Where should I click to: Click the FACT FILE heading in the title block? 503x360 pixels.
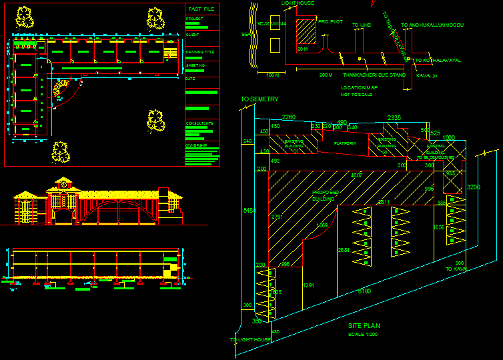click(x=201, y=9)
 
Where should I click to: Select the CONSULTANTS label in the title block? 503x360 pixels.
click(x=199, y=123)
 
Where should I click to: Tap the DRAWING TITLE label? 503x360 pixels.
click(x=200, y=51)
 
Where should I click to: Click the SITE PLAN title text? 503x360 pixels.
click(x=364, y=326)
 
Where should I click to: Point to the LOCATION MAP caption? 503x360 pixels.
click(x=359, y=88)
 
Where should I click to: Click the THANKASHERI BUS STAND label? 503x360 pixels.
click(x=374, y=75)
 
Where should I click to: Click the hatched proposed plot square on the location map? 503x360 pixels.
click(x=305, y=31)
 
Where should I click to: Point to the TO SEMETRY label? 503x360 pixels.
click(x=260, y=99)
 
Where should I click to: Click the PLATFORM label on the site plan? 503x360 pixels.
click(x=345, y=143)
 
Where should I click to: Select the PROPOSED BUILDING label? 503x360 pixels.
click(x=325, y=195)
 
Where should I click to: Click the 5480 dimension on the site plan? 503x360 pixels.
click(x=249, y=211)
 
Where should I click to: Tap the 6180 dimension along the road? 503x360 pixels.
click(x=364, y=291)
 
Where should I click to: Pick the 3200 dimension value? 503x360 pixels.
click(x=473, y=187)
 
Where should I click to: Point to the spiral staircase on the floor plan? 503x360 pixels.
click(x=62, y=90)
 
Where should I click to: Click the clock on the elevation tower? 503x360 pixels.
click(x=64, y=185)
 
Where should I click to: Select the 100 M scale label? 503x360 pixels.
click(x=272, y=75)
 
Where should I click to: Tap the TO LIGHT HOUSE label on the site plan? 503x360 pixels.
click(x=250, y=340)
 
